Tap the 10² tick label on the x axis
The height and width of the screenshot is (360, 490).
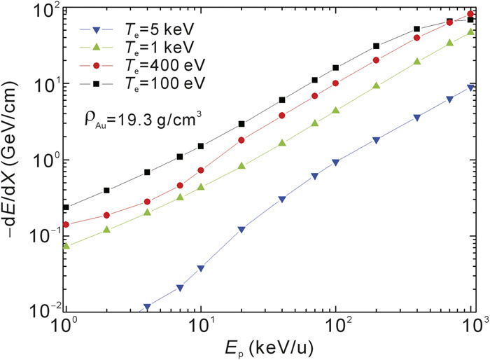coord(337,325)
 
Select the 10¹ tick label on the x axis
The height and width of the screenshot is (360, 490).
coord(202,325)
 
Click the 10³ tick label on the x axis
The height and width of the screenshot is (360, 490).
coord(473,325)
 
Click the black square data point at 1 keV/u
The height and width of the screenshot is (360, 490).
coord(66,207)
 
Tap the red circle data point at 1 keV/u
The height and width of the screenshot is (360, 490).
coord(66,225)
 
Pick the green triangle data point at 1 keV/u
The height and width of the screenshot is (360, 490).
coord(66,246)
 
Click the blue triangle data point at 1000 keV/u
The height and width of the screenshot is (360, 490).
coord(471,88)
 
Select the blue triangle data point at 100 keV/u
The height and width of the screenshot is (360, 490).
coord(336,162)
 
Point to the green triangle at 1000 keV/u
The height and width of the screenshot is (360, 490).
coord(471,32)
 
